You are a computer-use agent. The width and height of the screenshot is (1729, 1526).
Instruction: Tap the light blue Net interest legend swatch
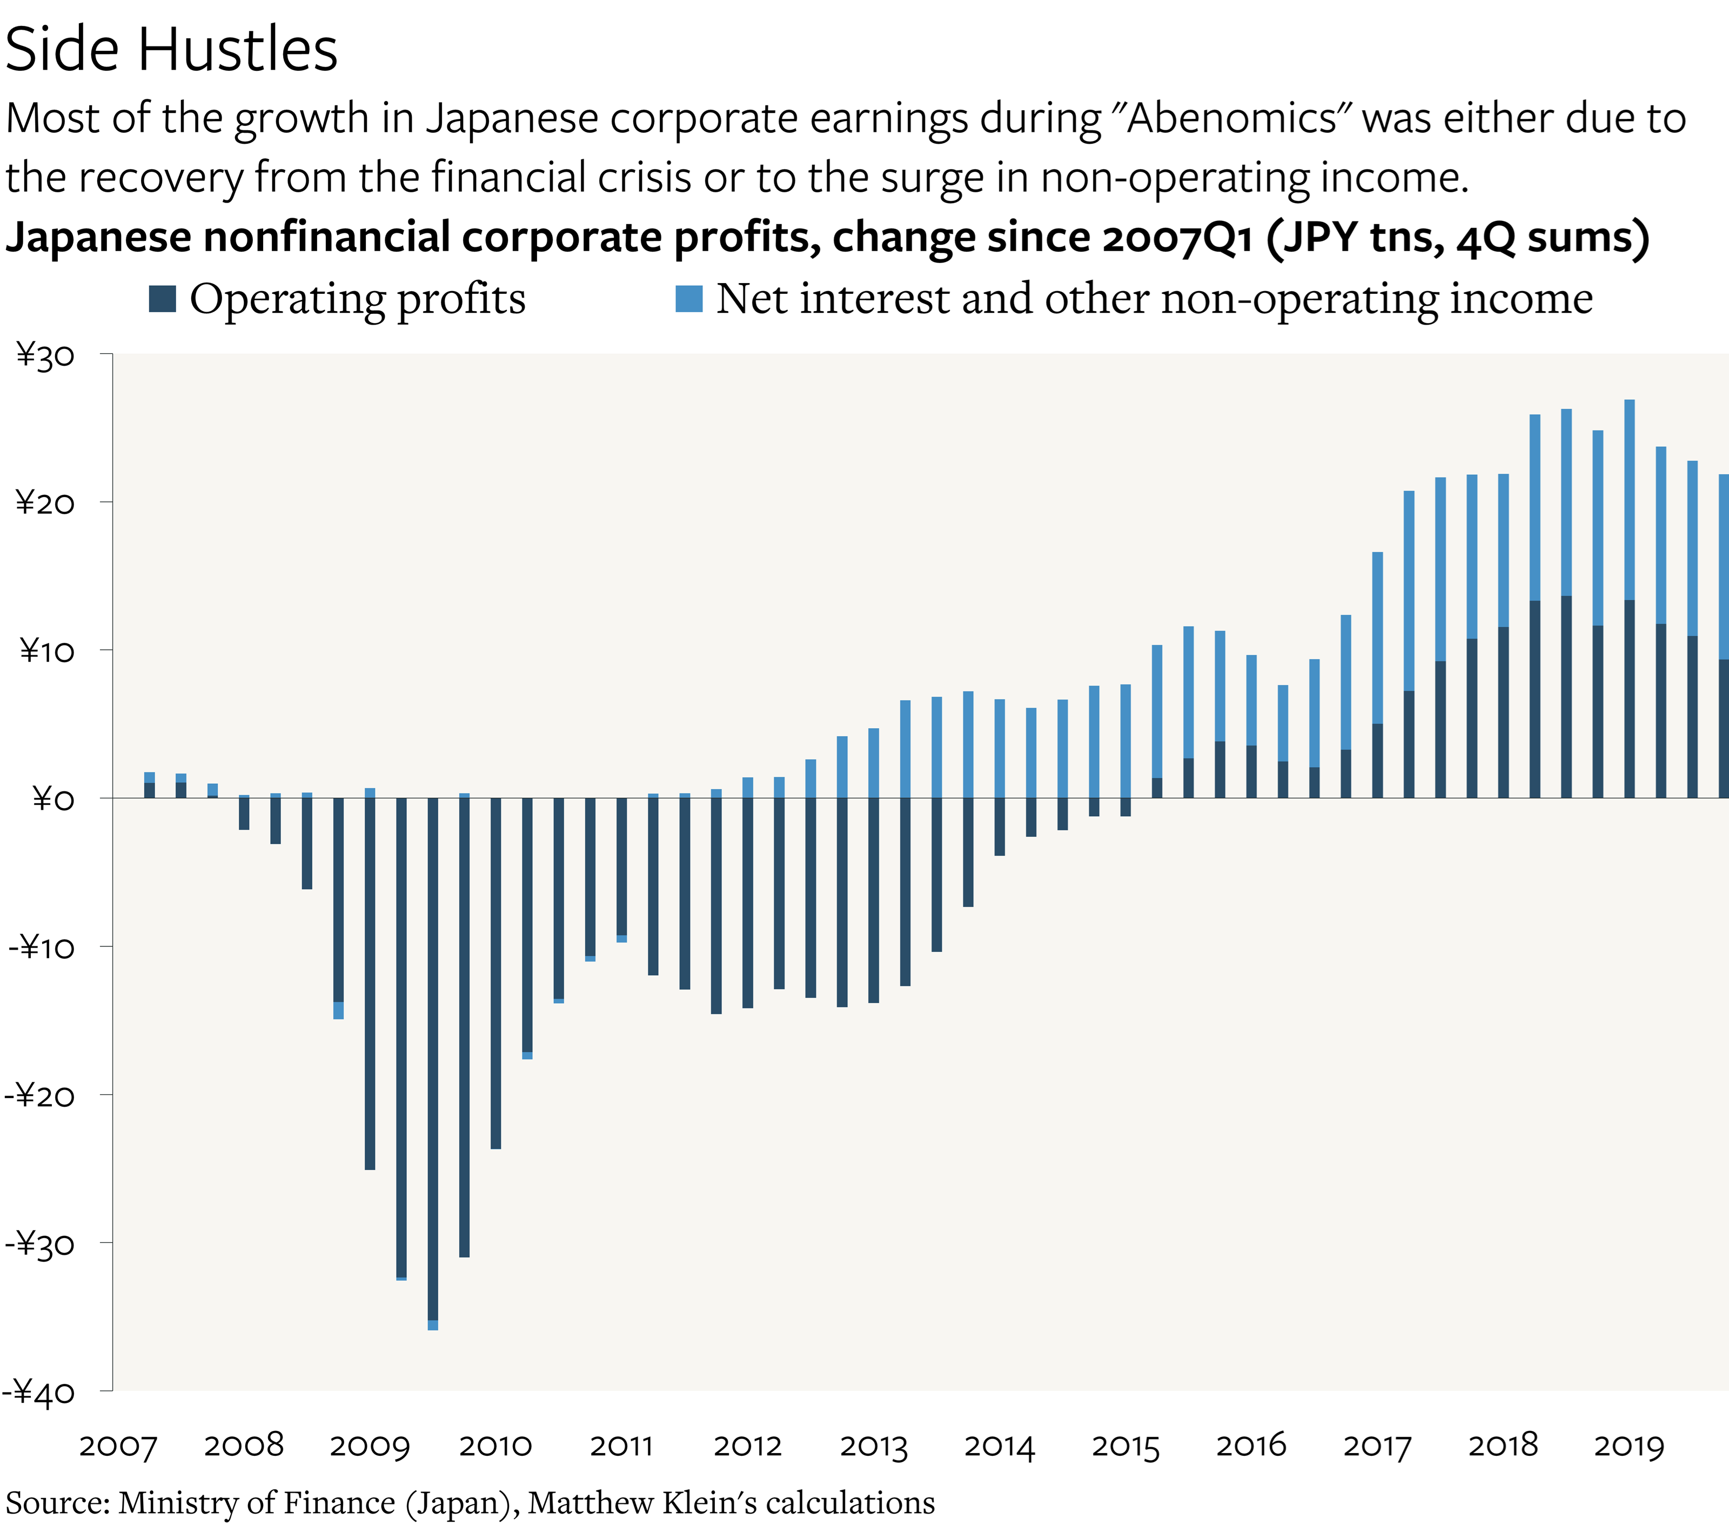(688, 299)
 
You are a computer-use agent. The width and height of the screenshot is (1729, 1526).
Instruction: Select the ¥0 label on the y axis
(52, 798)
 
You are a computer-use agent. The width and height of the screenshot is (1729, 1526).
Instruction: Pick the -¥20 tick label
(40, 1096)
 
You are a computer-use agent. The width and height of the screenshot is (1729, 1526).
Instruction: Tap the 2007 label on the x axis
(118, 1446)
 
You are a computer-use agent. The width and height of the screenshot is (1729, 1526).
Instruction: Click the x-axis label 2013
(873, 1446)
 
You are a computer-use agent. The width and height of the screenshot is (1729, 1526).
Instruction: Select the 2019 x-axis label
(1629, 1446)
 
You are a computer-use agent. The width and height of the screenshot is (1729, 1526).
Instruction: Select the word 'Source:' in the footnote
(57, 1502)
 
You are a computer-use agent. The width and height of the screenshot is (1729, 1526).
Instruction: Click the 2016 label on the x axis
(1250, 1446)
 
